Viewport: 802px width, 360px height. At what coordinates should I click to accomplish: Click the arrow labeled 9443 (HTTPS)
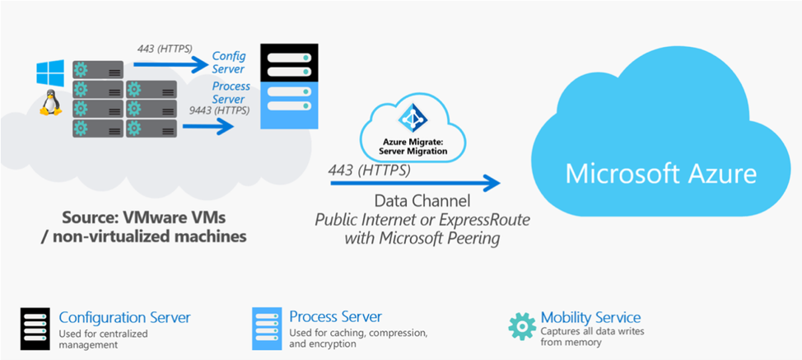[207, 126]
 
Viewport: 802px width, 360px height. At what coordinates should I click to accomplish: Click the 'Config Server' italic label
[229, 62]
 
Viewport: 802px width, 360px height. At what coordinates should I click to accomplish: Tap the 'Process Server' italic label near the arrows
[231, 93]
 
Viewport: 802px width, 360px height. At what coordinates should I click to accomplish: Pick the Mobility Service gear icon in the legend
[522, 325]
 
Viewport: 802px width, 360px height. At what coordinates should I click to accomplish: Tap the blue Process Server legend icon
[266, 327]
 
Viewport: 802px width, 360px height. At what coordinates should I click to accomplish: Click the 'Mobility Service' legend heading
[590, 317]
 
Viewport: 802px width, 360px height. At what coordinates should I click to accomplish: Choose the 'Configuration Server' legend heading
[125, 317]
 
